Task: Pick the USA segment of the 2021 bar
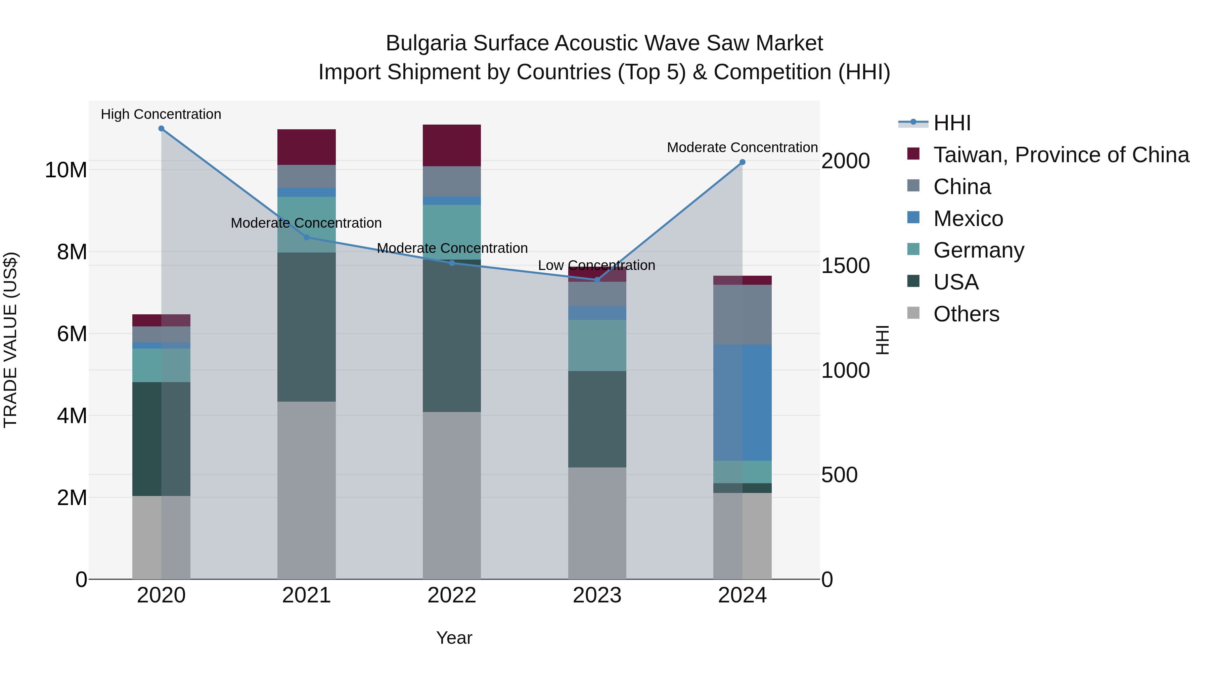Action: [x=307, y=327]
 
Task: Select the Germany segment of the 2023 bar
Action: [x=597, y=346]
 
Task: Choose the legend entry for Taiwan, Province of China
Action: [x=1061, y=155]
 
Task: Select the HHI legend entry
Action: [x=951, y=123]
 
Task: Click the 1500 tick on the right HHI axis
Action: [x=845, y=266]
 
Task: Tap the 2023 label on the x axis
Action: [x=597, y=595]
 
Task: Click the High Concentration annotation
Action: [x=161, y=114]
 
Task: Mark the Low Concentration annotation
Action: [x=596, y=265]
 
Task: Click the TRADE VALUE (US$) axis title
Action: [x=10, y=340]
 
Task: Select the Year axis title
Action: [x=454, y=638]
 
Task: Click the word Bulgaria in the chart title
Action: [x=426, y=43]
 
